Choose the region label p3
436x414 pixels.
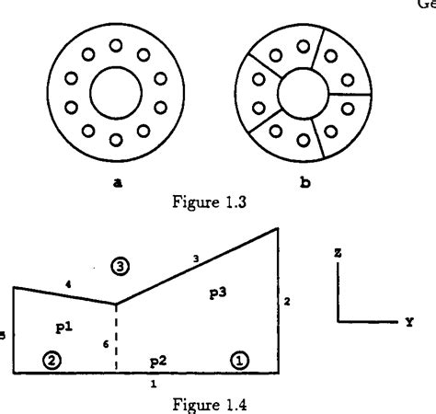pos(219,292)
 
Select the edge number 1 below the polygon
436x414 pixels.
pos(154,383)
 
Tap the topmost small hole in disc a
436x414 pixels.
pos(116,43)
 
